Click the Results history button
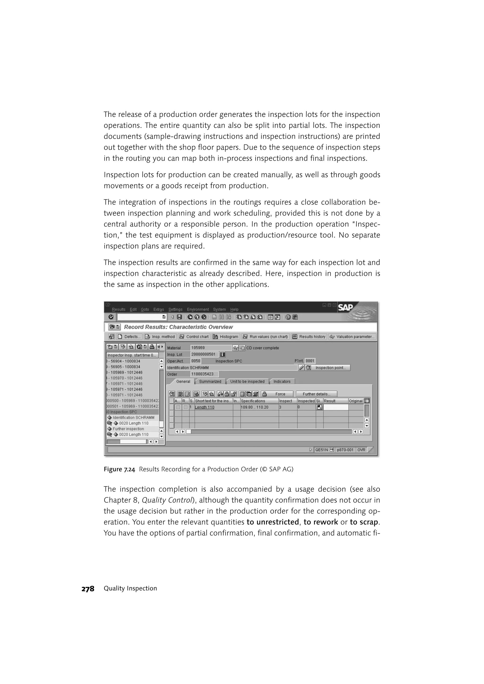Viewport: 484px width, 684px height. [x=309, y=337]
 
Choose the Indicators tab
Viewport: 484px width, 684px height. [x=282, y=382]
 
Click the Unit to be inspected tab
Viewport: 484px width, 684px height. [x=247, y=382]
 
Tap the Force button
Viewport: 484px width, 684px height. [x=277, y=394]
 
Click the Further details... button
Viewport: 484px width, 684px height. [x=316, y=394]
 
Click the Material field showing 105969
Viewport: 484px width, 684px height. [x=211, y=348]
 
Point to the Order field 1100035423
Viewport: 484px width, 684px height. [x=204, y=374]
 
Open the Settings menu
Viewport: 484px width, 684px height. [x=175, y=309]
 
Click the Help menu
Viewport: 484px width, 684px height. [x=234, y=309]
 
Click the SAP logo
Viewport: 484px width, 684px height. [x=345, y=308]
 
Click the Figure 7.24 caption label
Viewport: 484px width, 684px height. [x=119, y=469]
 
